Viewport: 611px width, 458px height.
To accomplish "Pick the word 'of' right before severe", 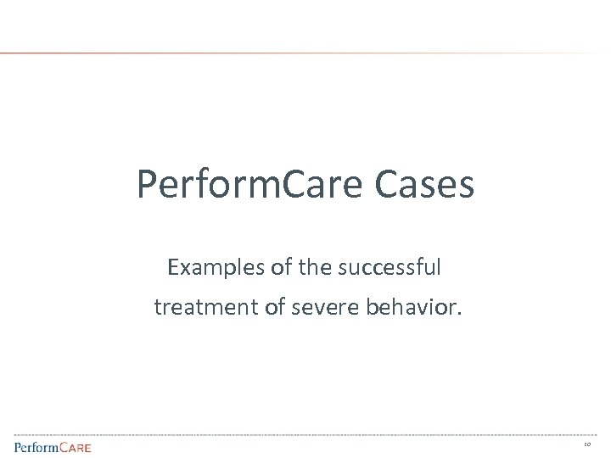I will point(274,307).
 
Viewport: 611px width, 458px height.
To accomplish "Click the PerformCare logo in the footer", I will point(52,446).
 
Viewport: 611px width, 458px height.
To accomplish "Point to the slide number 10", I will point(587,444).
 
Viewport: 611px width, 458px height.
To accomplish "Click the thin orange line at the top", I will point(255,53).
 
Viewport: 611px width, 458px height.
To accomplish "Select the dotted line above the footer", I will point(305,435).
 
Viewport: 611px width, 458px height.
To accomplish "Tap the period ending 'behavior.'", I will point(461,314).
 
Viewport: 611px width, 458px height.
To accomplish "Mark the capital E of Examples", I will point(174,268).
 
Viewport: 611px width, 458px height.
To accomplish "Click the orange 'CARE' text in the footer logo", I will point(73,446).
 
